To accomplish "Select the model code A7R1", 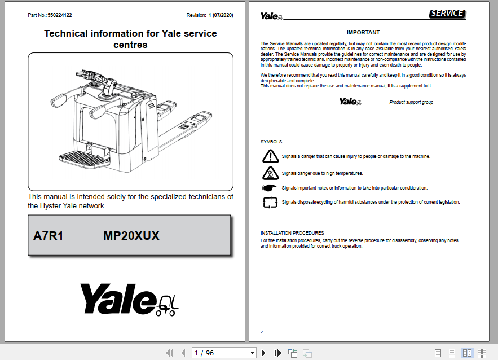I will pos(49,236).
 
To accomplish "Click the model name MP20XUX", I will pos(131,236).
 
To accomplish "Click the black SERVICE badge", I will pos(447,14).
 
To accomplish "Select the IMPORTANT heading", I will pos(363,33).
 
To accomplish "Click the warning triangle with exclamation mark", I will pos(270,156).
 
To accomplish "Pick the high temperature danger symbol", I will pos(270,173).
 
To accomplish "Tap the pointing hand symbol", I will pos(270,188).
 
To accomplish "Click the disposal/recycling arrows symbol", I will pos(270,202).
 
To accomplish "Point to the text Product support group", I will pos(411,102).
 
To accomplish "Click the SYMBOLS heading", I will pos(271,142).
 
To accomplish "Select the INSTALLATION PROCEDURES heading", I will pos(292,233).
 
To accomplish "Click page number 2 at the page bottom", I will pos(262,332).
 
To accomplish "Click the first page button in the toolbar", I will pos(169,353).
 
